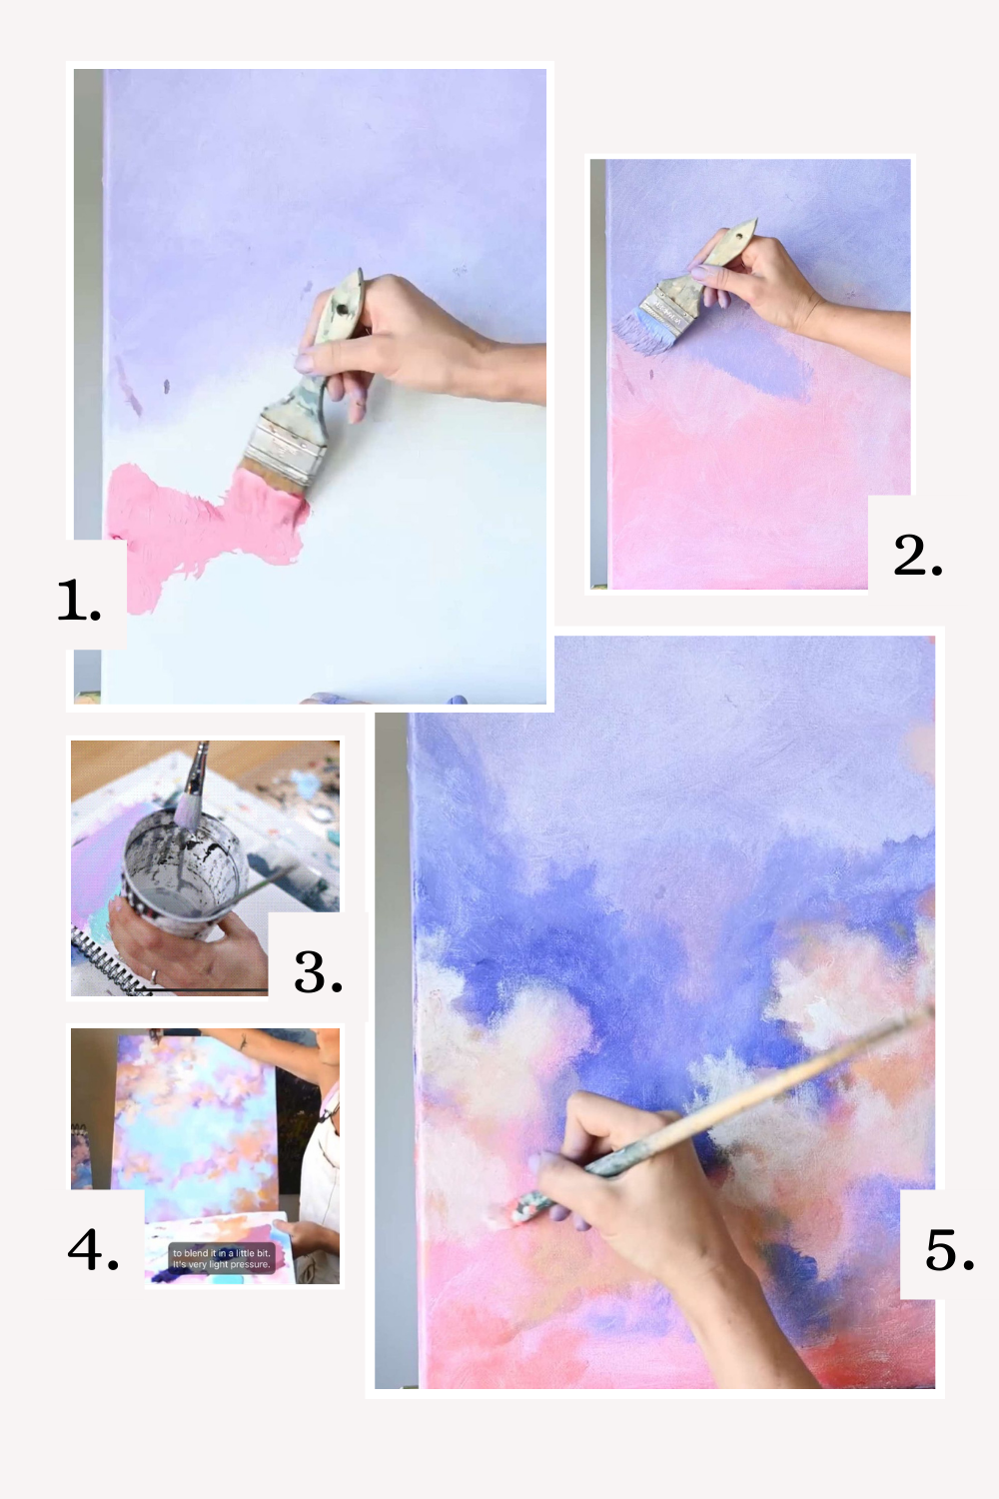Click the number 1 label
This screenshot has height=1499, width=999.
click(79, 601)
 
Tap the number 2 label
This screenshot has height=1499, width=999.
click(917, 555)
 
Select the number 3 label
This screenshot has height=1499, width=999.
click(318, 972)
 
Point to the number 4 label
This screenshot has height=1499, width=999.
click(93, 1249)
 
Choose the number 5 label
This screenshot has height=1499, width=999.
click(949, 1250)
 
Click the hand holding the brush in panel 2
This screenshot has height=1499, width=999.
click(759, 280)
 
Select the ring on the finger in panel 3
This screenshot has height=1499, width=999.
click(153, 974)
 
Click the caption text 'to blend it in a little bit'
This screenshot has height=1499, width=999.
click(221, 1253)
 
